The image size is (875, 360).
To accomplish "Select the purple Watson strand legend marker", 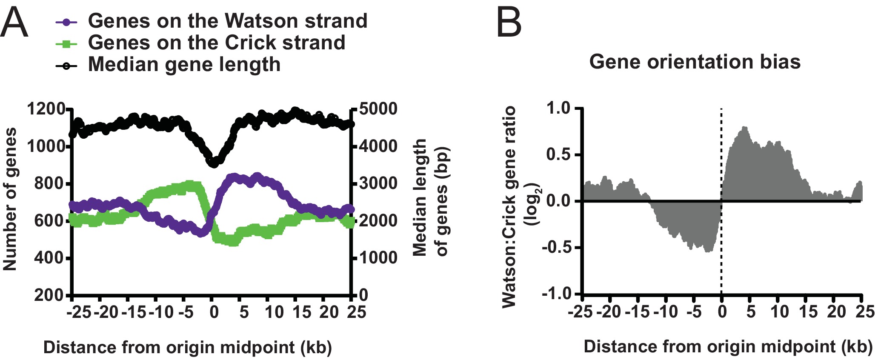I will (66, 21).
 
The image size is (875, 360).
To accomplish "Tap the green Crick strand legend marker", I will (66, 43).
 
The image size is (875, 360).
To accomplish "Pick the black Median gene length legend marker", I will (66, 66).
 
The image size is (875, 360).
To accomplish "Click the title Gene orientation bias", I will (695, 62).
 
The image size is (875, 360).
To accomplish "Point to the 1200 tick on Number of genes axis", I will (46, 109).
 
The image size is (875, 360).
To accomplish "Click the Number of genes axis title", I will (10, 199).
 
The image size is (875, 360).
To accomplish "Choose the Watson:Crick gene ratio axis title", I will (509, 207).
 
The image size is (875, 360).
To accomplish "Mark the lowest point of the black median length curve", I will (214, 163).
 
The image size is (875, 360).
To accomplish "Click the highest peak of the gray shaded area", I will (744, 128).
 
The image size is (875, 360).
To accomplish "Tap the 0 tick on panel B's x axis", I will (722, 312).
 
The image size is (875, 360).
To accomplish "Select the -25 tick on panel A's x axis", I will (79, 312).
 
